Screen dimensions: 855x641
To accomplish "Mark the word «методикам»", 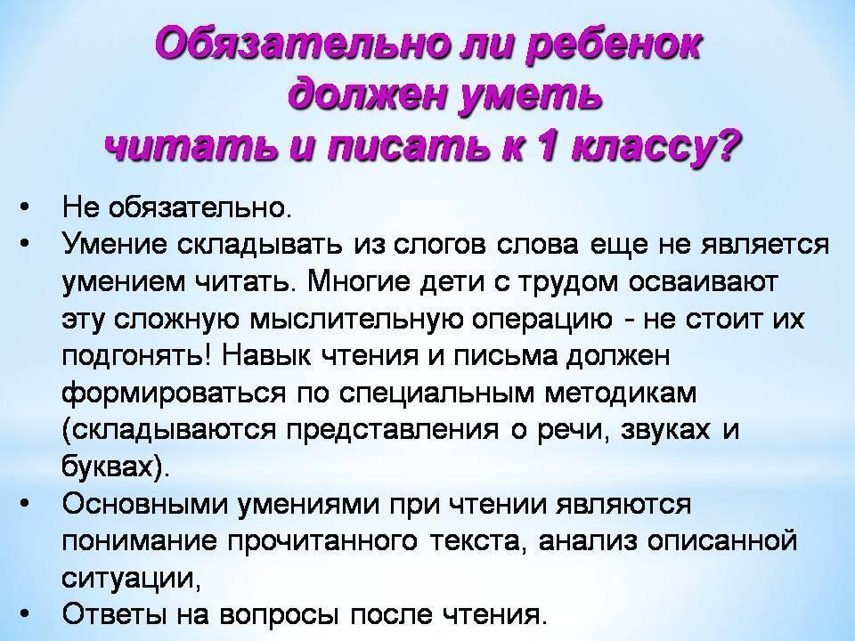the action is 621,394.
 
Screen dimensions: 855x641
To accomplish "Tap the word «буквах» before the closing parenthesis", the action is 108,466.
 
